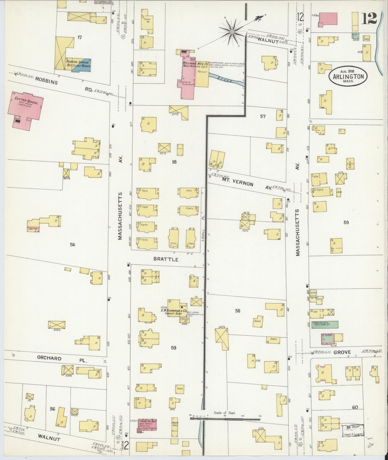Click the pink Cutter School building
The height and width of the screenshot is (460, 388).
tap(26, 109)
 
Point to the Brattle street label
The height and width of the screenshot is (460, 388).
tap(166, 259)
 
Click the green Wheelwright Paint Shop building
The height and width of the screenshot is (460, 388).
tap(324, 324)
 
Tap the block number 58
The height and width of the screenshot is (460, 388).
tap(238, 311)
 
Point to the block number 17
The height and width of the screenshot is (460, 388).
tap(79, 37)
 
